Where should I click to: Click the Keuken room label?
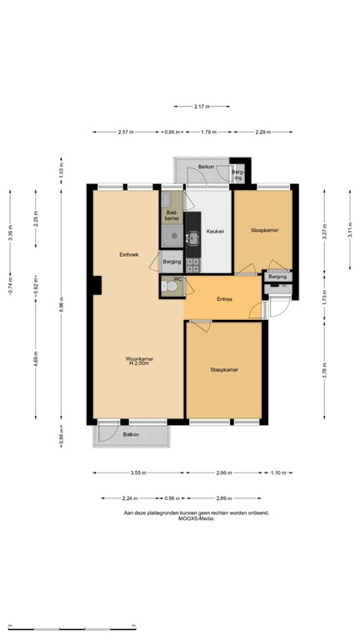[215, 231]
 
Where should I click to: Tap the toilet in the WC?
[171, 287]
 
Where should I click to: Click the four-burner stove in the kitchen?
[193, 264]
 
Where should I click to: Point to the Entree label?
[224, 299]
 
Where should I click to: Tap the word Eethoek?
[128, 254]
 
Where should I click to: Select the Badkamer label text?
[173, 215]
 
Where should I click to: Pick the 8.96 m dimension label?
[61, 307]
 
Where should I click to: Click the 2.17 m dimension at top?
[199, 106]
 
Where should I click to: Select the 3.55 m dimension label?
[137, 472]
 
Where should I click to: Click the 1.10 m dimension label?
[278, 472]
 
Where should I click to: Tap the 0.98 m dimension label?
[172, 498]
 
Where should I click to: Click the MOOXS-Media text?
[196, 518]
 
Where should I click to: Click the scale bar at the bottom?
[71, 626]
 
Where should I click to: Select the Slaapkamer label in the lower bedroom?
[224, 369]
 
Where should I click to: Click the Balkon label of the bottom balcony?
[131, 434]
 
